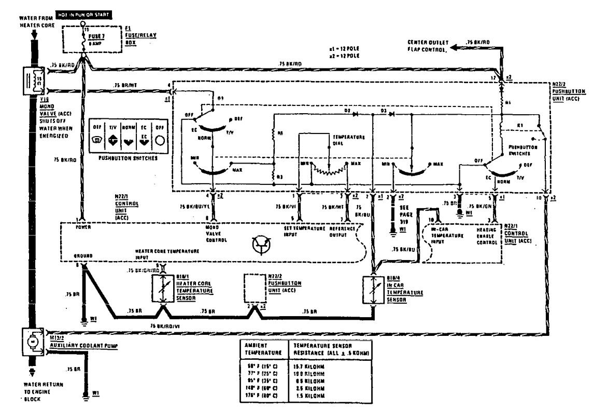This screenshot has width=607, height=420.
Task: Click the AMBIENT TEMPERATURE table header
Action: tap(262, 348)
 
